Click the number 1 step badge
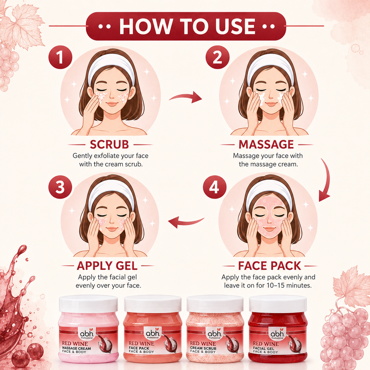point(60,57)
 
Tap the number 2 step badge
point(217,57)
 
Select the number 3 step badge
point(60,187)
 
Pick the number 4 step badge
point(215,187)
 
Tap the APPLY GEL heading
point(107,266)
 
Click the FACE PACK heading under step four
point(270,266)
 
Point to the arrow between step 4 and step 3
point(186,222)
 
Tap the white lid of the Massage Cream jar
point(88,304)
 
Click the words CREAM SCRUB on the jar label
point(203,348)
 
